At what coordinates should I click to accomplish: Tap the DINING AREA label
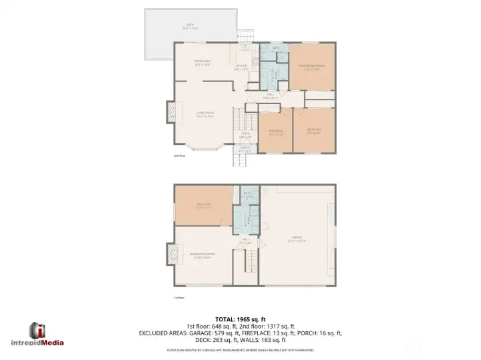point(203,64)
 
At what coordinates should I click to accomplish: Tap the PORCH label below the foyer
point(245,149)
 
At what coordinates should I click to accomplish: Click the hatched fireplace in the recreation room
point(170,254)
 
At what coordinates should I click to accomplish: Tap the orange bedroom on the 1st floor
point(203,205)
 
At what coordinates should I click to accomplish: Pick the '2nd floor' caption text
point(178,156)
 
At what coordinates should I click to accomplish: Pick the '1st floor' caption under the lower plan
point(178,299)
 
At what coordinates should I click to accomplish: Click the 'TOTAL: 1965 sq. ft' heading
point(240,319)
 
